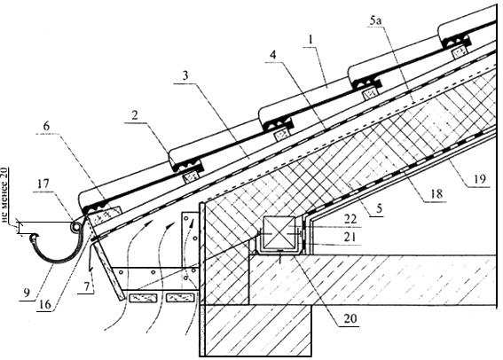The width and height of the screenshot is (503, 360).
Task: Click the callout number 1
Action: point(310,40)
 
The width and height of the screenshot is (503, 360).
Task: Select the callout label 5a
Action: point(375,20)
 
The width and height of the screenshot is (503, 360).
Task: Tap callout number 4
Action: point(272,56)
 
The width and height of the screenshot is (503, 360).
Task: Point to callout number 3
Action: point(185,76)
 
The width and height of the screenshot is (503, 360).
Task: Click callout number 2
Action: point(135,115)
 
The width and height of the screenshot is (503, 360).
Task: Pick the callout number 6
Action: point(46,126)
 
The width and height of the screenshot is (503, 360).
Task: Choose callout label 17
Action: point(43,184)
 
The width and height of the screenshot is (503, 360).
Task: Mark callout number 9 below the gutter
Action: point(27,293)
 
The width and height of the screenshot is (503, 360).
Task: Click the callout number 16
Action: point(45,304)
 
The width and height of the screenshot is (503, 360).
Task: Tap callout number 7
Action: point(87,286)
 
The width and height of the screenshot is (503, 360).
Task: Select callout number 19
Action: point(480,179)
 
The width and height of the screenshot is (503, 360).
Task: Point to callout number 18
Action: point(437,193)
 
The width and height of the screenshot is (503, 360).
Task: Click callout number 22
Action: point(350,219)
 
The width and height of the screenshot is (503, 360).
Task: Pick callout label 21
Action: point(350,238)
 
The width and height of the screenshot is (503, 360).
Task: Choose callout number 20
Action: point(350,318)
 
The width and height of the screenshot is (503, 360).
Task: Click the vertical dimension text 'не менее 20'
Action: point(5,196)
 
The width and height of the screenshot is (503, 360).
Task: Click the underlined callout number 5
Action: point(379,208)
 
